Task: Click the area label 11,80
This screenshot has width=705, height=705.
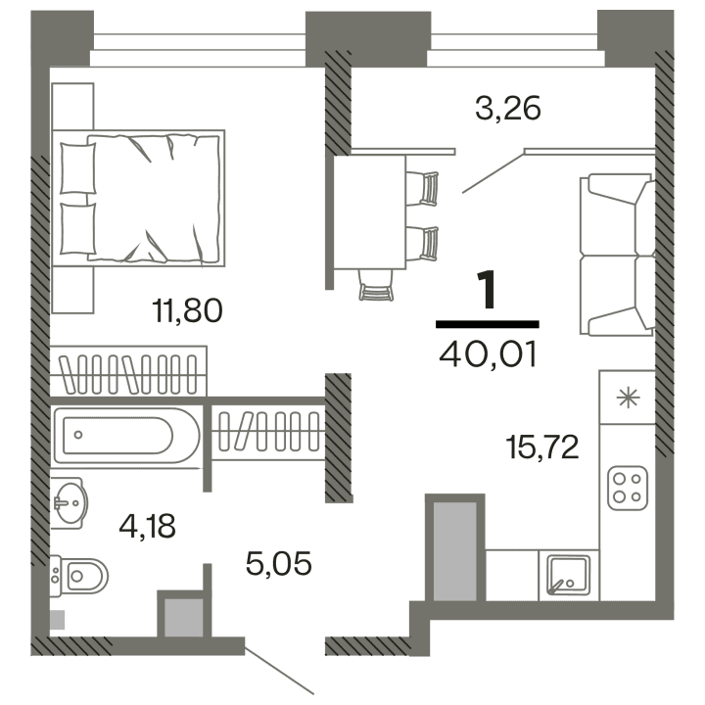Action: click(188, 311)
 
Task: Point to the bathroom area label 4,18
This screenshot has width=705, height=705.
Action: click(147, 527)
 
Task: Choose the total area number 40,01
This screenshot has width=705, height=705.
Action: click(488, 352)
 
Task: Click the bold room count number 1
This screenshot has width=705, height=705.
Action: click(487, 291)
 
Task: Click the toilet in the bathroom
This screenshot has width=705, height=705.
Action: click(80, 576)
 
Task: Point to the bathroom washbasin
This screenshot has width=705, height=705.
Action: click(69, 503)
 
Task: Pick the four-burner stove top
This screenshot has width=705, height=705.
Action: click(628, 487)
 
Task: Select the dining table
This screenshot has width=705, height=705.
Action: click(369, 211)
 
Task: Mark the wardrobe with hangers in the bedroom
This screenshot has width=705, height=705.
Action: click(130, 372)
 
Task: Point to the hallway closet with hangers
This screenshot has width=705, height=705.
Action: click(267, 429)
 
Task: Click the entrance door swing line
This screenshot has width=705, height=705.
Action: click(279, 669)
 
